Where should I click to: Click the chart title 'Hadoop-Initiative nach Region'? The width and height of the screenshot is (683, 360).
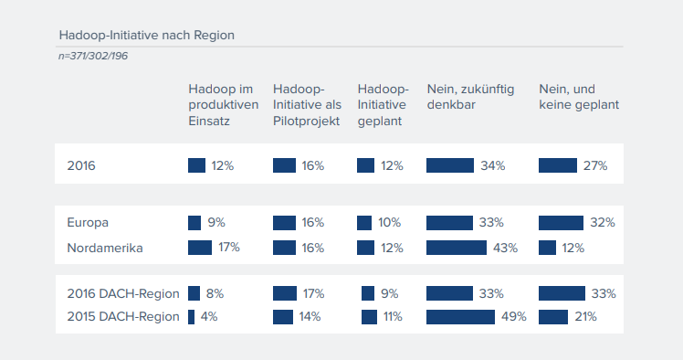click(x=146, y=36)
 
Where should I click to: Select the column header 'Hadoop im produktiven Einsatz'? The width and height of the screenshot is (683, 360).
click(x=220, y=104)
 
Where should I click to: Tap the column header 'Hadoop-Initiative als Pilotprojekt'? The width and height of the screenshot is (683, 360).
click(x=306, y=104)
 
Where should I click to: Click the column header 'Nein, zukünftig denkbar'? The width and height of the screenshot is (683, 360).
click(x=471, y=97)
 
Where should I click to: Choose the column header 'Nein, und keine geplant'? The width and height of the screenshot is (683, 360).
click(x=579, y=97)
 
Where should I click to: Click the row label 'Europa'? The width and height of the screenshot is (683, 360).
click(x=88, y=222)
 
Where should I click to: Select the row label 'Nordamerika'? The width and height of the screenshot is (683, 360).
click(x=105, y=248)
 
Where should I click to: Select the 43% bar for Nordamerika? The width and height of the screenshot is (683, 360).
click(x=457, y=248)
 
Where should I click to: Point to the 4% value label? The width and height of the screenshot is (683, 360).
click(x=208, y=317)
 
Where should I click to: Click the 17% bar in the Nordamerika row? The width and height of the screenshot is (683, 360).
click(x=200, y=248)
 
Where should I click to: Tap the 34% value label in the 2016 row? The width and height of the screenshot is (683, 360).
click(x=493, y=165)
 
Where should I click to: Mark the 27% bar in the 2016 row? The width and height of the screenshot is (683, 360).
click(x=558, y=165)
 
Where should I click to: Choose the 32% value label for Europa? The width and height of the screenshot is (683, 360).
click(x=603, y=222)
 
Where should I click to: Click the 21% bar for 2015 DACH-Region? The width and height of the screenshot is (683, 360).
click(x=553, y=317)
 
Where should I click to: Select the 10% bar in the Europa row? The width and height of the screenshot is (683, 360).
click(x=364, y=222)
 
